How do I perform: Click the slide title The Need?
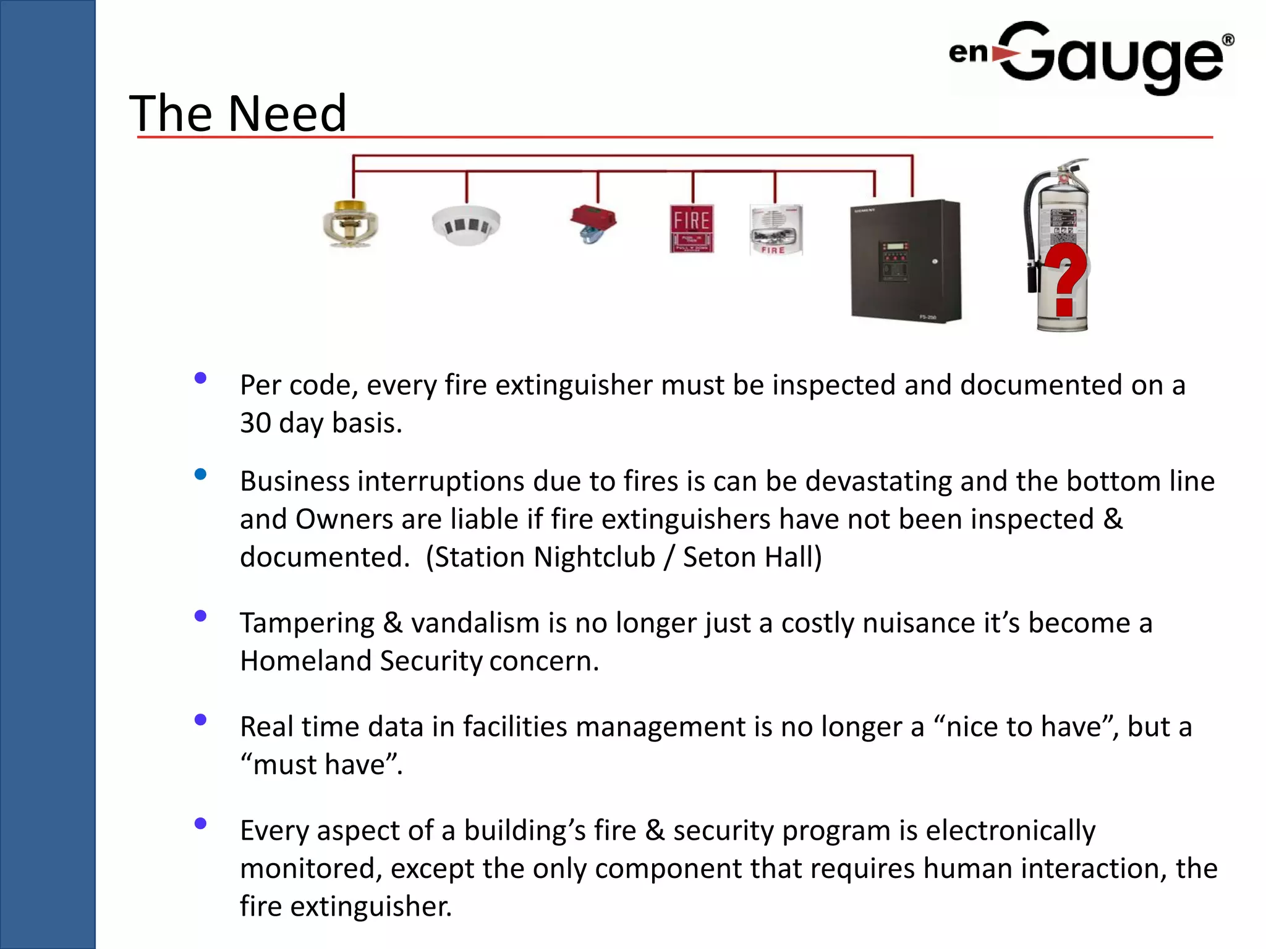[238, 114]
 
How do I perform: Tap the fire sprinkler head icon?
[350, 224]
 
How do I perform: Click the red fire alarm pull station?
[692, 229]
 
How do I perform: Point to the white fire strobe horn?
[776, 230]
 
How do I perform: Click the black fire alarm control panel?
[906, 261]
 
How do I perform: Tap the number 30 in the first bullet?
[255, 424]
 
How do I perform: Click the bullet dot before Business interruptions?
[200, 474]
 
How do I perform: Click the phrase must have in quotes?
[321, 766]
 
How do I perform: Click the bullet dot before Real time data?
[200, 720]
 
